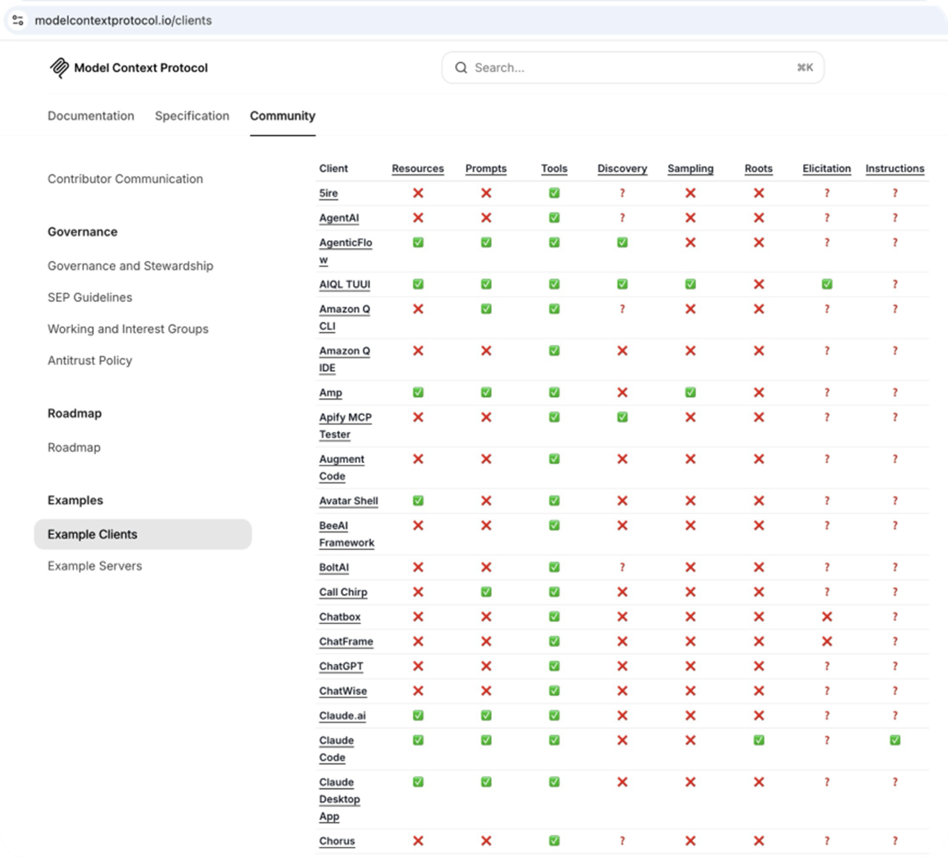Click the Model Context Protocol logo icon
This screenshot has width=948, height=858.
tap(59, 68)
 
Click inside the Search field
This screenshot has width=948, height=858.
tap(633, 68)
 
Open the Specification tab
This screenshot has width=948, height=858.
tap(192, 116)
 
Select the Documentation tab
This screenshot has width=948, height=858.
tap(90, 116)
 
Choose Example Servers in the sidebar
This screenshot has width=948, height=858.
tap(95, 565)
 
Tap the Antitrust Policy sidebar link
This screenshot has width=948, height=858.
tap(90, 361)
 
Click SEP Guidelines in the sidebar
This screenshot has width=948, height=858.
tap(90, 297)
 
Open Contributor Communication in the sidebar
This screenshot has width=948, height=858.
tap(125, 179)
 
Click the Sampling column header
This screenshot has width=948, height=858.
tap(690, 169)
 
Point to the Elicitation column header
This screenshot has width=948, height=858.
tap(827, 169)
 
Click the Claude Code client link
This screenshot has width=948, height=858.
tap(336, 749)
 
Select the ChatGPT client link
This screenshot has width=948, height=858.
tap(341, 666)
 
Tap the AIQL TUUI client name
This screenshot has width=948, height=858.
tap(345, 284)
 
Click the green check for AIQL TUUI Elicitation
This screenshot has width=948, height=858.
tap(827, 284)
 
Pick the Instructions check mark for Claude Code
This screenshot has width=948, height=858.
tap(894, 740)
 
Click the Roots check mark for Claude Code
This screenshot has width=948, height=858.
tap(759, 740)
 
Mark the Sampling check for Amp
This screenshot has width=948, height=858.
tap(690, 393)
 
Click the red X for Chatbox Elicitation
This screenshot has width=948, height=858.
tap(827, 617)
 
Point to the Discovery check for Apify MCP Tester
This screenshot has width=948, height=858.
tap(622, 417)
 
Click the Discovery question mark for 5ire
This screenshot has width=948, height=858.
tap(622, 193)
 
